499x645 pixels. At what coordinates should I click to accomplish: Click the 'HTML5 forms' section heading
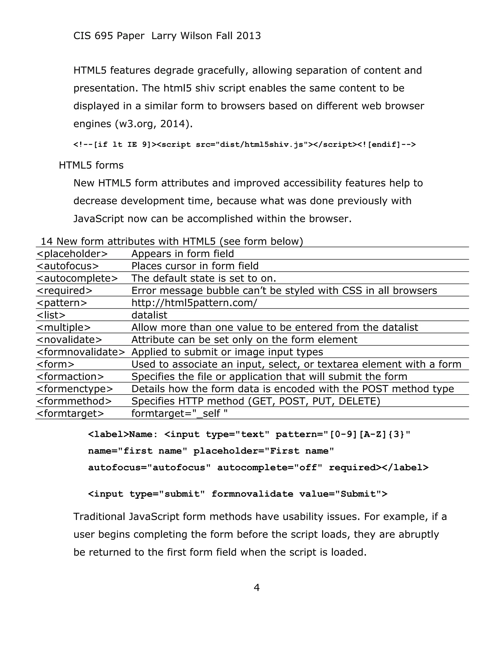point(91,165)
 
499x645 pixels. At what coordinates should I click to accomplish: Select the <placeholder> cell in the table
point(72,254)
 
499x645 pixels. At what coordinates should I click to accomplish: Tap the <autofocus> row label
point(67,266)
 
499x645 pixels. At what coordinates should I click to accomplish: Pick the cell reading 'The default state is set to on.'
point(204,278)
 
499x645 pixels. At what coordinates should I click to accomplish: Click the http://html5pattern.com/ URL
point(194,303)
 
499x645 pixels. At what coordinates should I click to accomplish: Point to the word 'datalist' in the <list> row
point(149,315)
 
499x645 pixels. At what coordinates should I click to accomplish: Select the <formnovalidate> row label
point(81,352)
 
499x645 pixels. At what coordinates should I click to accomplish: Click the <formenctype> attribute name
point(75,389)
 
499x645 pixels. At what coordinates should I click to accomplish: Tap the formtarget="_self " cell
point(179,413)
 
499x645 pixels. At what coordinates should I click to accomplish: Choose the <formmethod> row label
point(74,401)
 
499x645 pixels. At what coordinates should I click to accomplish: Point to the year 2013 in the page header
point(248,36)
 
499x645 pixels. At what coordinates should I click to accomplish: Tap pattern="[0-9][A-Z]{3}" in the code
point(343,434)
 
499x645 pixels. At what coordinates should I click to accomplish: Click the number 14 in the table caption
point(46,241)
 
